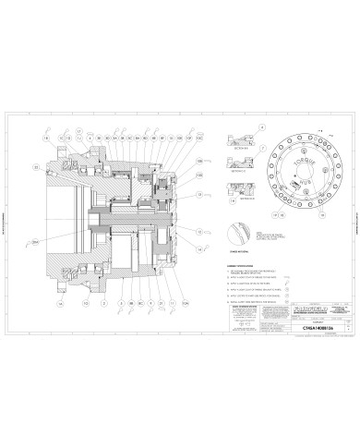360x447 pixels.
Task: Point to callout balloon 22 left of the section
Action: click(36, 168)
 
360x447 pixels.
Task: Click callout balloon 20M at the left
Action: click(35, 242)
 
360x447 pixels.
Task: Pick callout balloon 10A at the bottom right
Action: click(186, 302)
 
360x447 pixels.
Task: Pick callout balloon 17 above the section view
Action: click(80, 130)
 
